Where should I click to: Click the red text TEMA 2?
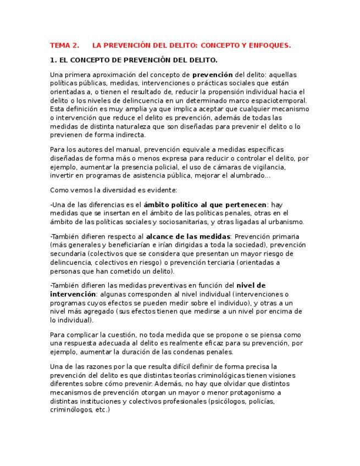pos(64,46)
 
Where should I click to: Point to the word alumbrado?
pos(248,175)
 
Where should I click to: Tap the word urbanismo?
pos(283,221)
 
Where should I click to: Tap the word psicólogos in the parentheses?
pos(228,401)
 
